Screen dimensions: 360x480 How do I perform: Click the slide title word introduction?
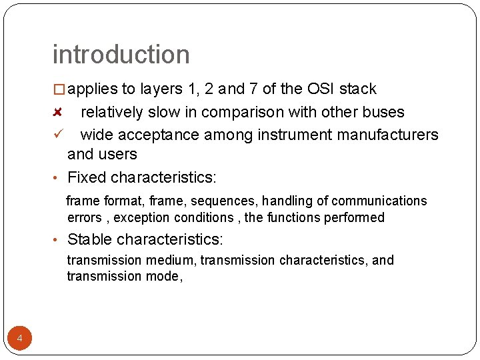[x=121, y=55]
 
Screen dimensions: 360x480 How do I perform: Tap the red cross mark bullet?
[x=58, y=112]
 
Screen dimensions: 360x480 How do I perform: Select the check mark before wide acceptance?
[x=58, y=135]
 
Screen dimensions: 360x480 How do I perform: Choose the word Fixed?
[x=87, y=177]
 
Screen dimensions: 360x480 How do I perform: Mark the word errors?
[x=85, y=217]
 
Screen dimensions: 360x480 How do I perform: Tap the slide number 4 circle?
[x=20, y=339]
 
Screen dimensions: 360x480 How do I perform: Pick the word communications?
[x=379, y=201]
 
